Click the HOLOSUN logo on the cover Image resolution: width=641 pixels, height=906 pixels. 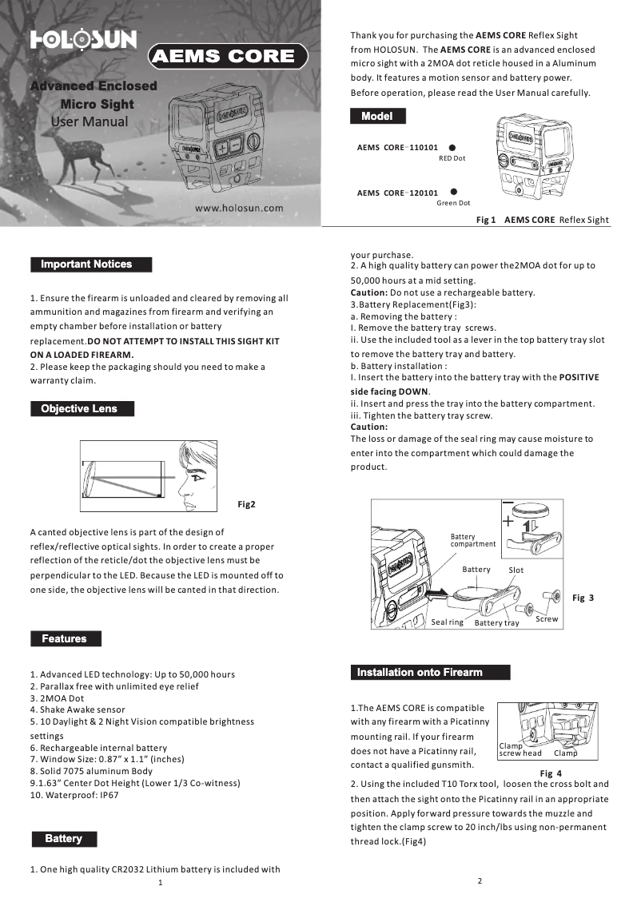pyautogui.click(x=83, y=41)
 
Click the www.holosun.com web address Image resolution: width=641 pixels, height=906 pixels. pyautogui.click(x=241, y=208)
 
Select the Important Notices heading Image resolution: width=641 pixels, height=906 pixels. pyautogui.click(x=90, y=264)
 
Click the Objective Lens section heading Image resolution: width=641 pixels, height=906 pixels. pyautogui.click(x=82, y=409)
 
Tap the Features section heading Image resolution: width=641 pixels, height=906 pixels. pyautogui.click(x=66, y=639)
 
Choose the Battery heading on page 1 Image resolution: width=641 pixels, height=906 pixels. pyautogui.click(x=63, y=839)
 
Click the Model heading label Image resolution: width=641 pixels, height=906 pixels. pyautogui.click(x=377, y=117)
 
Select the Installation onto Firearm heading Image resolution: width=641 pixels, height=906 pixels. pyautogui.click(x=430, y=673)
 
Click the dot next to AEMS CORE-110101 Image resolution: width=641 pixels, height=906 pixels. pyautogui.click(x=452, y=148)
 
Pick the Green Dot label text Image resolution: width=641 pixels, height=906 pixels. pyautogui.click(x=453, y=203)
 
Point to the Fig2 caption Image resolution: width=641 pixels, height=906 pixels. pyautogui.click(x=247, y=504)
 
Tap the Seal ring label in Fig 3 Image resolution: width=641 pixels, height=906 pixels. pyautogui.click(x=447, y=622)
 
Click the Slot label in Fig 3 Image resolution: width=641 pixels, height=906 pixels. pyautogui.click(x=516, y=570)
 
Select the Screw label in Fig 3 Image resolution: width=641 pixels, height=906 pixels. pyautogui.click(x=547, y=619)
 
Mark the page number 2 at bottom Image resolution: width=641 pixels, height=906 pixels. pyautogui.click(x=480, y=880)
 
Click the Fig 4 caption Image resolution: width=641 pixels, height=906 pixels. pyautogui.click(x=551, y=773)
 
